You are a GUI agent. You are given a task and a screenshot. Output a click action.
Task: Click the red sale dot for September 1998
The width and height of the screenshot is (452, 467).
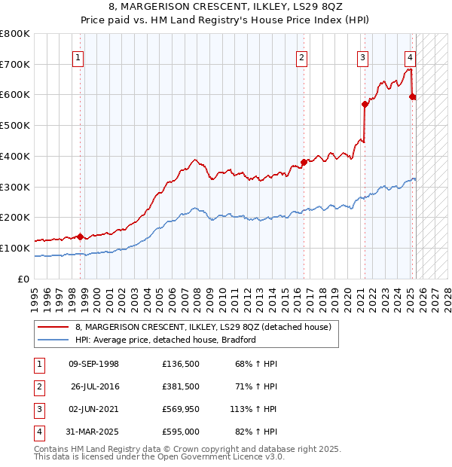coord(80,237)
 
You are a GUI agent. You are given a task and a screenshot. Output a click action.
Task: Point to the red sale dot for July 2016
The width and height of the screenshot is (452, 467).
coord(304,161)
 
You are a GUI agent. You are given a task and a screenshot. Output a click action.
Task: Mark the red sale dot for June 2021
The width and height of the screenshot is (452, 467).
coord(365,104)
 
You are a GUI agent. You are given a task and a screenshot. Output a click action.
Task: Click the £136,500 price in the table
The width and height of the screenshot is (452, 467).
coord(180,365)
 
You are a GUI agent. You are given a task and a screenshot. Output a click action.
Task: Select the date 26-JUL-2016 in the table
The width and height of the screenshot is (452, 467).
coord(94,387)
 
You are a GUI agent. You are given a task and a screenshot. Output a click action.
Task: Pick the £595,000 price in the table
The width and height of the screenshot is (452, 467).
coord(180,432)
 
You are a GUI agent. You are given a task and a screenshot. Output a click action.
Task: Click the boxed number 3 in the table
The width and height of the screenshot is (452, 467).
coord(37,410)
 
